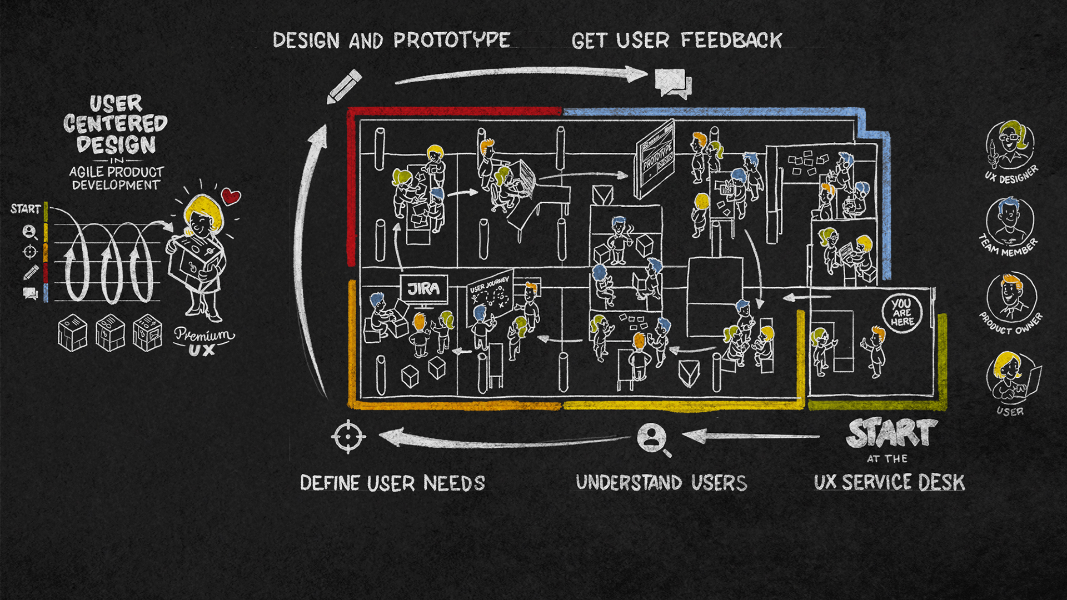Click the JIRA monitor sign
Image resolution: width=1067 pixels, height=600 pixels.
tap(424, 288)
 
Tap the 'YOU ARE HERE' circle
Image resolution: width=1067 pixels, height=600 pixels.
tap(902, 313)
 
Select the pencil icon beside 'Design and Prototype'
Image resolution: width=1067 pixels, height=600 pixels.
tap(345, 86)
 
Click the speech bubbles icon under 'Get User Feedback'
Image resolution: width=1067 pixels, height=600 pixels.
tap(673, 84)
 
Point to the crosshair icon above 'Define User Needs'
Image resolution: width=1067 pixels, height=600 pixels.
tap(348, 437)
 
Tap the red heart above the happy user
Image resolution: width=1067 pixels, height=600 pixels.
tap(231, 196)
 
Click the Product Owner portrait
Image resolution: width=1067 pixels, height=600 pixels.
tap(1011, 297)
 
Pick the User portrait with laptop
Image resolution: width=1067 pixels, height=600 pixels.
tap(1011, 377)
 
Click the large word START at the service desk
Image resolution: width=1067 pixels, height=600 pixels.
tap(891, 433)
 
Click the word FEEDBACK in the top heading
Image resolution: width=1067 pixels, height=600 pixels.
tap(731, 40)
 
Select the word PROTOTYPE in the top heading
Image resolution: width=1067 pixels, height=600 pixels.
tap(452, 40)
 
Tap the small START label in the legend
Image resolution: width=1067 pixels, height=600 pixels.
tap(26, 209)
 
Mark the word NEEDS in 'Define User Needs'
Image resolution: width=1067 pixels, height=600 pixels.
tap(454, 483)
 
